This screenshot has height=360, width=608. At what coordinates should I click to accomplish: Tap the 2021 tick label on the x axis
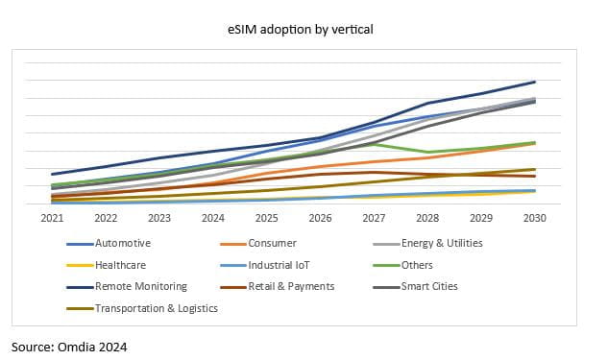[x=52, y=218]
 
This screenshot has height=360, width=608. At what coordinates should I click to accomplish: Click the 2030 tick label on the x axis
[x=535, y=218]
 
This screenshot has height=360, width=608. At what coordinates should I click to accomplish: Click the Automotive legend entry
[x=122, y=244]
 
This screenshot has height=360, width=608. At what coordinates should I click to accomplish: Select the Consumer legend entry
[x=272, y=244]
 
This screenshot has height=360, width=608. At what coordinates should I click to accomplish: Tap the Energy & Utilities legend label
[x=442, y=244]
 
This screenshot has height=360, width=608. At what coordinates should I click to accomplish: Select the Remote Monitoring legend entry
[x=140, y=286]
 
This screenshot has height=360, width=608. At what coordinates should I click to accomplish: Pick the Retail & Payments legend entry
[x=290, y=286]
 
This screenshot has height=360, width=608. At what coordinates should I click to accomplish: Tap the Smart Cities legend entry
[x=429, y=286]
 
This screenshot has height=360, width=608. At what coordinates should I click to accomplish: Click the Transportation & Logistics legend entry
[x=156, y=308]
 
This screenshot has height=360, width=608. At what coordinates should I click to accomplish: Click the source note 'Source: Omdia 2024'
[x=69, y=345]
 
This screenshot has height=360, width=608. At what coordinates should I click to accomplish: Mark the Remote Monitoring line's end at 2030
[x=535, y=82]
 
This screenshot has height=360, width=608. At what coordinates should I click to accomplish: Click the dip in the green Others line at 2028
[x=427, y=152]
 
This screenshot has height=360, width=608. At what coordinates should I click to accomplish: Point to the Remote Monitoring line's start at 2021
[x=52, y=175]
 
